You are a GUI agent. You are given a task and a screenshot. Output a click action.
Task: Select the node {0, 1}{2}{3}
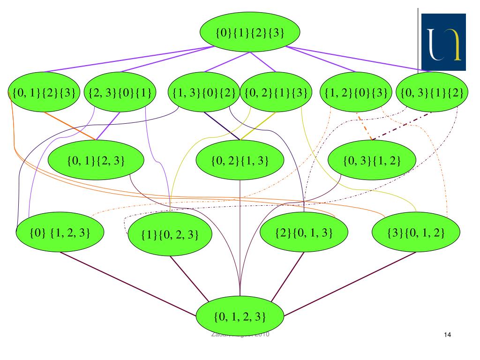pos(41,91)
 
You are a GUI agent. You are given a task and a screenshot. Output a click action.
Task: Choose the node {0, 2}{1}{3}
pos(276,91)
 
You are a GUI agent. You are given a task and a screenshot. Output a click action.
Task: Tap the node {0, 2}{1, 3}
pos(240,161)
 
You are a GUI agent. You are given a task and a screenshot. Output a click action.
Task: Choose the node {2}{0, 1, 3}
pos(304,231)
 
